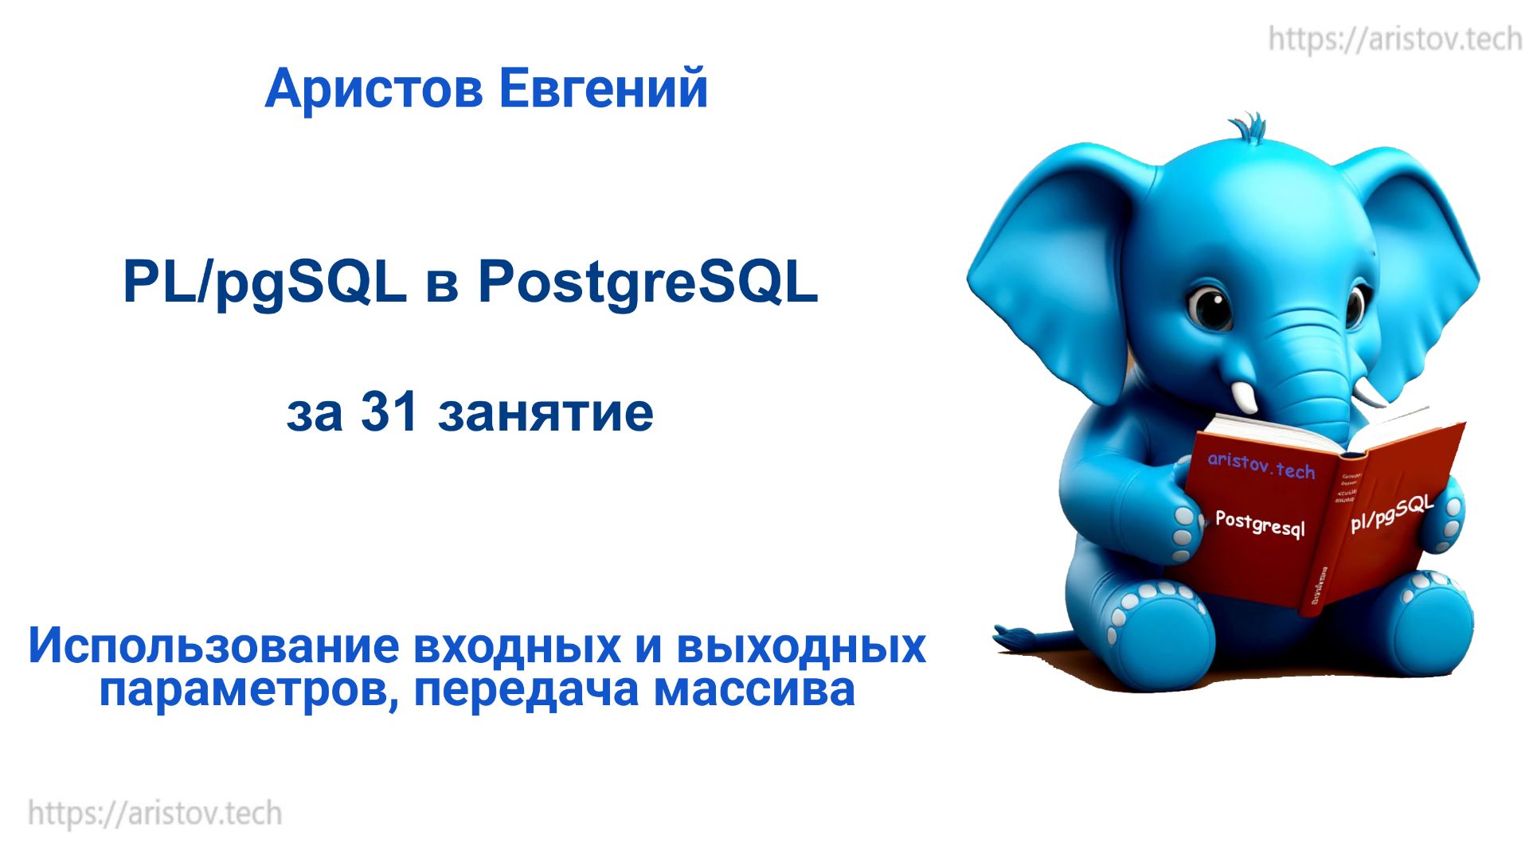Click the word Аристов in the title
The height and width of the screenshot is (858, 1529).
click(x=373, y=88)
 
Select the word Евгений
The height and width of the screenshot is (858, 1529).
click(x=603, y=88)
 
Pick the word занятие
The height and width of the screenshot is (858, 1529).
click(x=546, y=414)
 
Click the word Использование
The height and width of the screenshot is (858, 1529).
click(x=213, y=645)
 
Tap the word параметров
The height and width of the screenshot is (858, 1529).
click(x=247, y=691)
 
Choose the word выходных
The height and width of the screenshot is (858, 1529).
click(x=801, y=645)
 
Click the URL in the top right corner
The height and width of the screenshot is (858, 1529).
click(x=1394, y=38)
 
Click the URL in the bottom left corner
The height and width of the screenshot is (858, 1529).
click(x=155, y=813)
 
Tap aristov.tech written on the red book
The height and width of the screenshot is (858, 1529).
click(x=1261, y=465)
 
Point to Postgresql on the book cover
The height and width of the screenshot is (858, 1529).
click(x=1260, y=523)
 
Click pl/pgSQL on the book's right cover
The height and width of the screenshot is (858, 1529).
click(x=1390, y=513)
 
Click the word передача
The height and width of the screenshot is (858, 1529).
click(x=526, y=691)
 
